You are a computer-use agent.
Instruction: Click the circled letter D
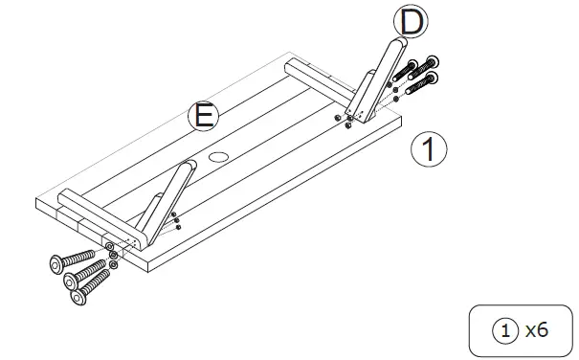[411, 21]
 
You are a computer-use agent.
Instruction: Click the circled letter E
[203, 117]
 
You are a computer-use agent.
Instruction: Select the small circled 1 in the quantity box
[505, 330]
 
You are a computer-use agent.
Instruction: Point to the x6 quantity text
[536, 330]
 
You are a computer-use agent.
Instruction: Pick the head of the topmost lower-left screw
[56, 261]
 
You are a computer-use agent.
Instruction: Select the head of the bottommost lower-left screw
[78, 299]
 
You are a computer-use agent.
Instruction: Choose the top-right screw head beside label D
[432, 60]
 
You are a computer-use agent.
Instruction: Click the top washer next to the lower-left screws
[112, 245]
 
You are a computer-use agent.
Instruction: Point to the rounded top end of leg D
[396, 44]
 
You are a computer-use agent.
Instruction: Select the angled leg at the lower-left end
[163, 201]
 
